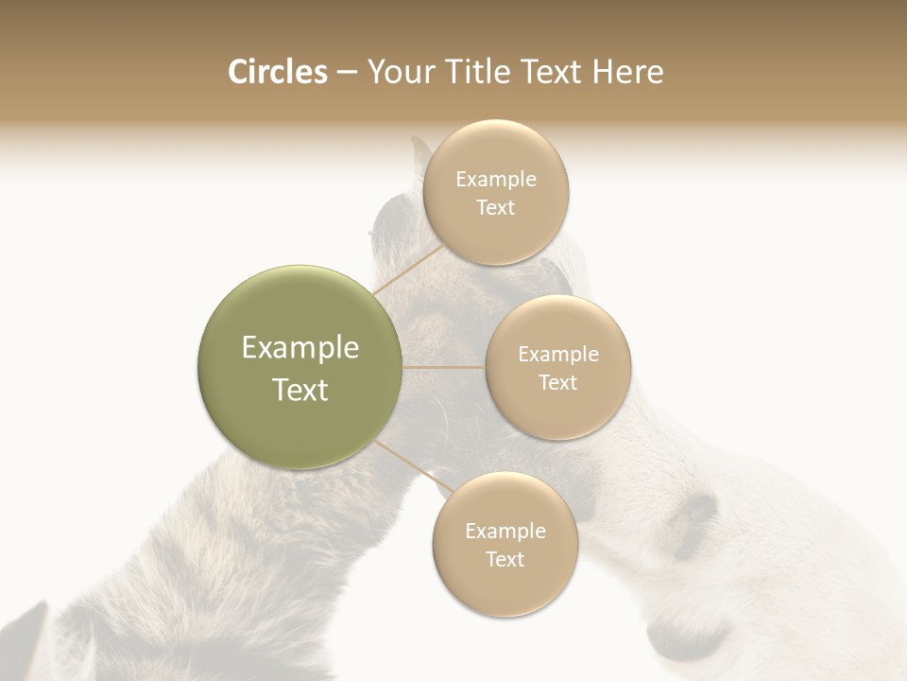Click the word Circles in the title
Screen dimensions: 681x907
(278, 72)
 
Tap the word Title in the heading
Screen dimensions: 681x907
(486, 72)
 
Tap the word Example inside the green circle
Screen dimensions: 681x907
(300, 348)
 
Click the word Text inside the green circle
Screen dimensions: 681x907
(300, 390)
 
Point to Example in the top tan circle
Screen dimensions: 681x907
(496, 180)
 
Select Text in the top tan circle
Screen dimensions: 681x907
(496, 208)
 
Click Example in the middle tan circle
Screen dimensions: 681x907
(558, 355)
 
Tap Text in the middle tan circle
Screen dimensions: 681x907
(558, 383)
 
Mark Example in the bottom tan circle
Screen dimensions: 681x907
(505, 532)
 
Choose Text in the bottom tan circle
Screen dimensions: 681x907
(505, 560)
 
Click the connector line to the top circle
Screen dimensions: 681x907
(408, 269)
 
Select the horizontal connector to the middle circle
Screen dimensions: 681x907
(444, 367)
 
